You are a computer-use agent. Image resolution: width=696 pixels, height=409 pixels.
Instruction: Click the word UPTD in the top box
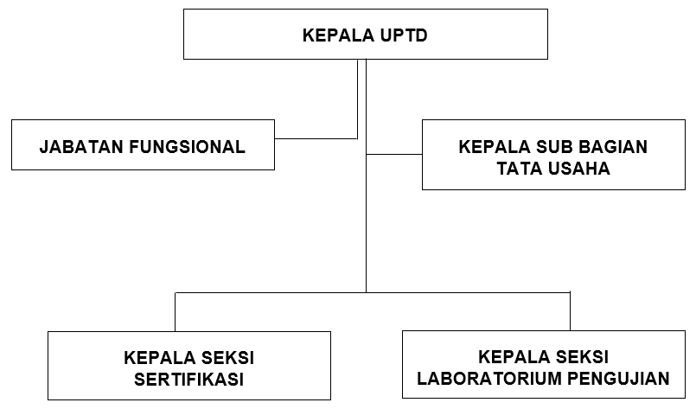[404, 35]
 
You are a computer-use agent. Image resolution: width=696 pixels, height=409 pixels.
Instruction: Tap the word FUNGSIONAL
[187, 147]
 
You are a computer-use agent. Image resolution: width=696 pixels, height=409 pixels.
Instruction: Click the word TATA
[519, 169]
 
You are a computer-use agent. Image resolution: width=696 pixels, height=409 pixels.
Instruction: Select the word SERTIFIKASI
[189, 380]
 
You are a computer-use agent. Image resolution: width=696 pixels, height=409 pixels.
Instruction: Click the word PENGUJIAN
[619, 379]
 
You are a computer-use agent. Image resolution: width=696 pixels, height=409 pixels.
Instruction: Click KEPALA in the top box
[338, 35]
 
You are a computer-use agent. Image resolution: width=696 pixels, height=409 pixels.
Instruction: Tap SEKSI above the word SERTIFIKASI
[227, 358]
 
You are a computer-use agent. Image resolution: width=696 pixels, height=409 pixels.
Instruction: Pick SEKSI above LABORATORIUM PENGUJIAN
[582, 357]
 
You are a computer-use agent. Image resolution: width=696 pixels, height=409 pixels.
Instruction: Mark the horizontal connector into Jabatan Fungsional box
[316, 138]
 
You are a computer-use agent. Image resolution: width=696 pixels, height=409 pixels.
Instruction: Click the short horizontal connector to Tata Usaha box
[394, 155]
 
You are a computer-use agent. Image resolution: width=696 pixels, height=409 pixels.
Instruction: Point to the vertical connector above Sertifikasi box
[176, 312]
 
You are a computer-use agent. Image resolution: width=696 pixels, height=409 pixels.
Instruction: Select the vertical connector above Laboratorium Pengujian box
[570, 311]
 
